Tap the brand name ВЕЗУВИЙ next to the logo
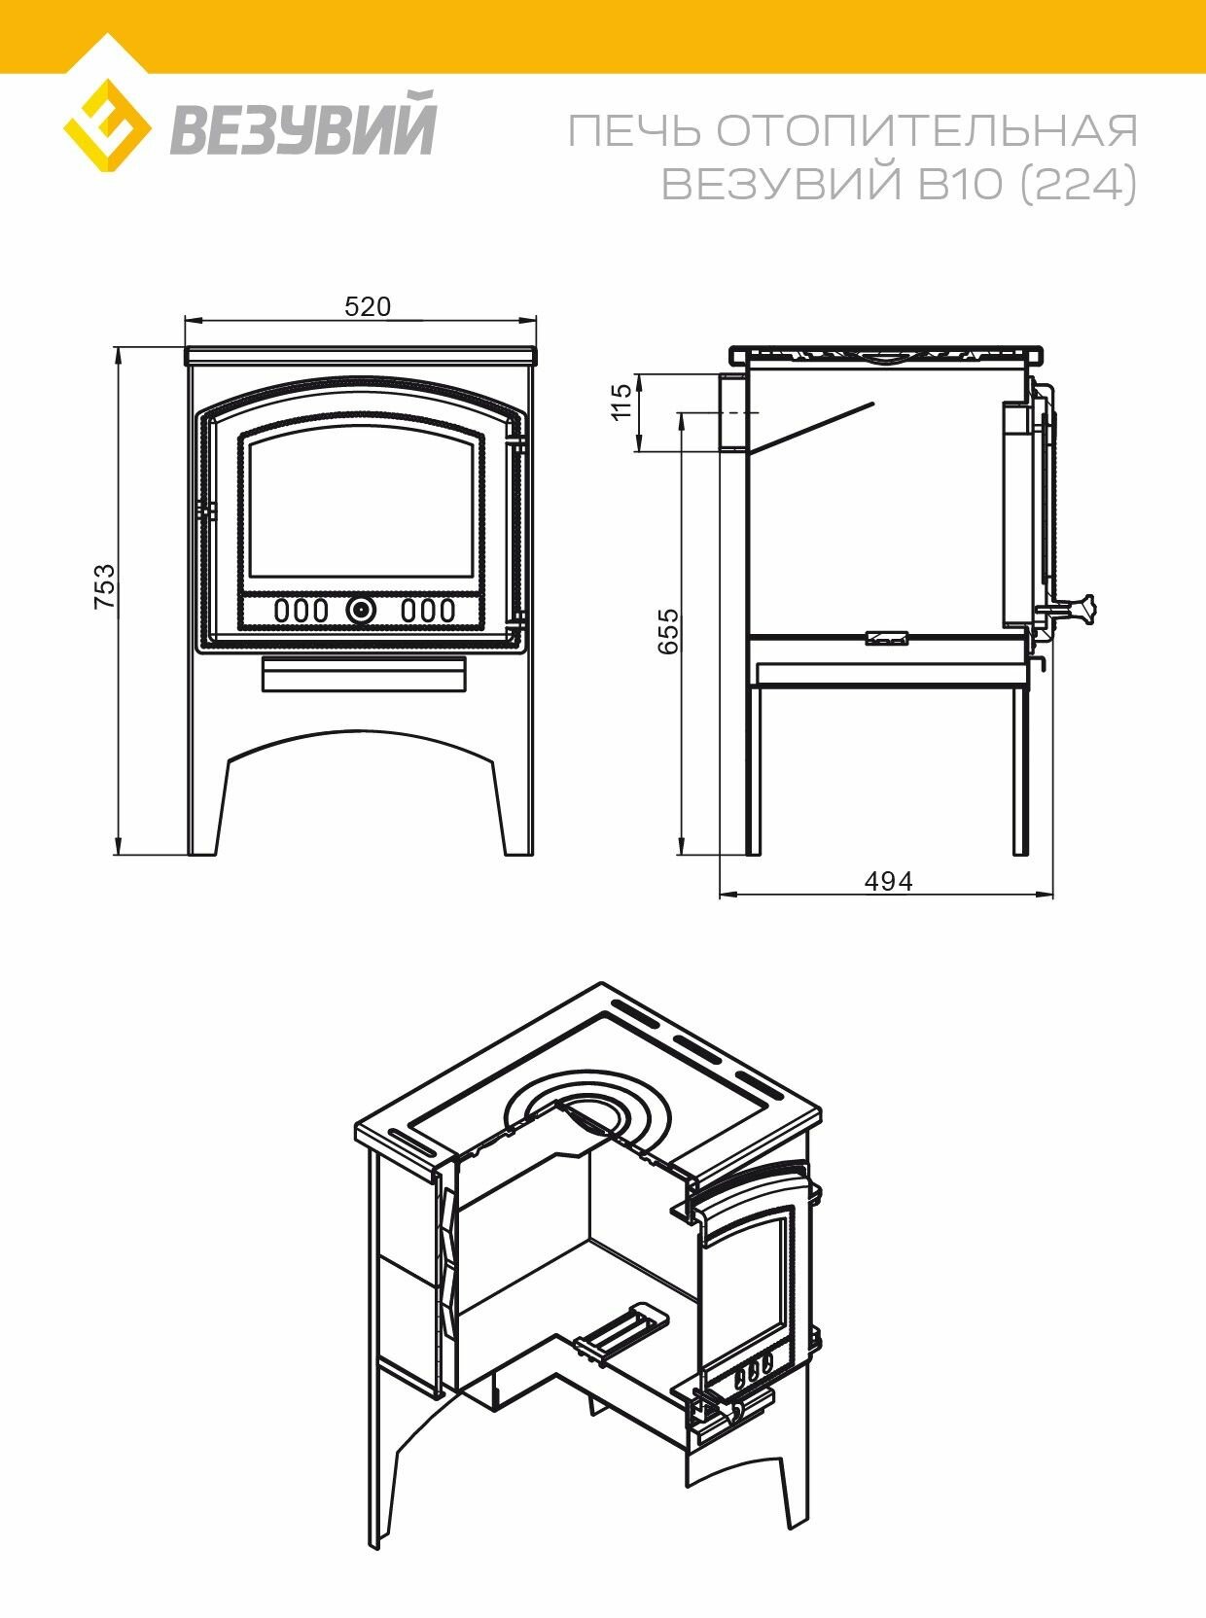point(304,123)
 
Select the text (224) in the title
point(1078,184)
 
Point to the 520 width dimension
point(368,307)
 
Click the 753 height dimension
point(104,586)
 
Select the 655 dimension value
point(669,631)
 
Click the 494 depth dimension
point(888,881)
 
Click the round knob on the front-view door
point(361,611)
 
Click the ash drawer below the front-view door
point(364,674)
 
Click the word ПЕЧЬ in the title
point(633,131)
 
